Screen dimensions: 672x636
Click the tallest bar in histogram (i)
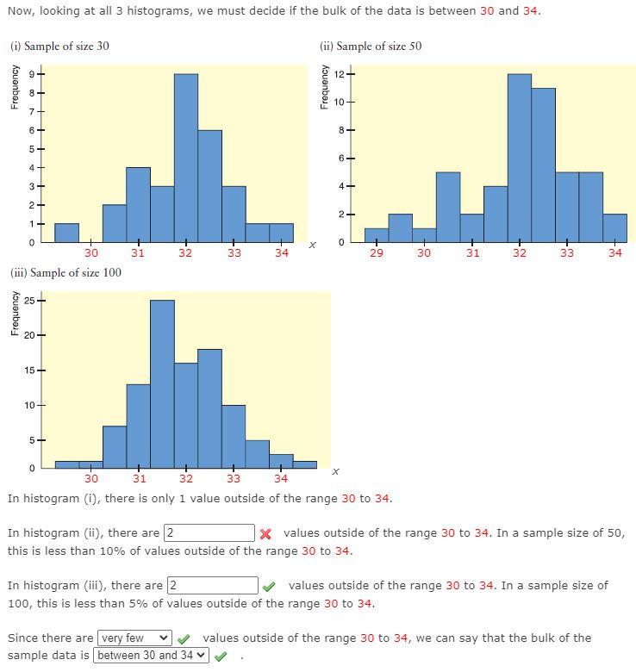click(185, 158)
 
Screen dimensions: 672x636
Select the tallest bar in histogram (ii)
click(519, 158)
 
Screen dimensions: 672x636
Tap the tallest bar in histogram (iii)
click(162, 383)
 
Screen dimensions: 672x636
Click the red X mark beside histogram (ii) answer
click(266, 534)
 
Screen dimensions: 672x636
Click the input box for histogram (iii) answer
click(212, 586)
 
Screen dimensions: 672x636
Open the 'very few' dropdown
click(135, 638)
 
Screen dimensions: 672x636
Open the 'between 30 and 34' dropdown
click(152, 656)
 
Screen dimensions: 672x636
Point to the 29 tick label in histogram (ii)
click(377, 253)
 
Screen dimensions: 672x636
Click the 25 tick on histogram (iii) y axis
click(28, 301)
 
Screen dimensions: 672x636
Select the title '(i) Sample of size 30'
click(59, 46)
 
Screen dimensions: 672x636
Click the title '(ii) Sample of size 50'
click(371, 46)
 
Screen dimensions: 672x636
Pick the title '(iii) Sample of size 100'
click(65, 273)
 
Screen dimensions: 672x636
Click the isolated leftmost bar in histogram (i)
click(66, 233)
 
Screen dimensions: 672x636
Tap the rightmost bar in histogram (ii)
click(614, 227)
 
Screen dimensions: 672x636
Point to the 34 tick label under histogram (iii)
click(281, 479)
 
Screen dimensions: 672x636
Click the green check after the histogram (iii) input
click(270, 587)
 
